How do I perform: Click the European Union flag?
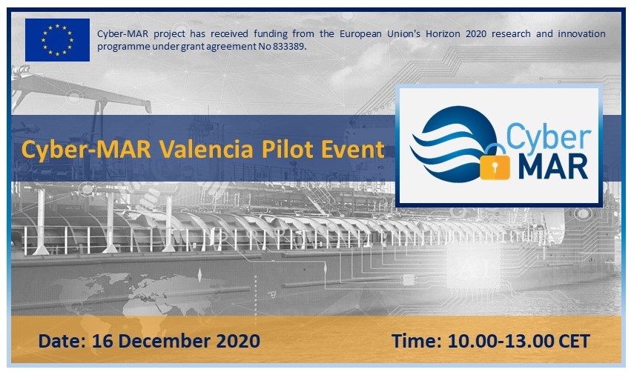57,39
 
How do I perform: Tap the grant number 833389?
288,47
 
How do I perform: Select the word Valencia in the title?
206,149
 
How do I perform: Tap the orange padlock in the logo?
495,162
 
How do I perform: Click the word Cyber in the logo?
548,136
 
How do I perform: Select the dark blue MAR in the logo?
553,166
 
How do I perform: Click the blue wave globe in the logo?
453,144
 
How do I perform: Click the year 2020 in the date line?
238,341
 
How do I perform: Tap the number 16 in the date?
103,341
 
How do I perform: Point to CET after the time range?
574,341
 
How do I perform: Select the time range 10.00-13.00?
501,341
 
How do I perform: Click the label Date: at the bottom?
62,341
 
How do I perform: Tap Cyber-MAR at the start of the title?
86,149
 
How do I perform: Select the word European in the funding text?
360,34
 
